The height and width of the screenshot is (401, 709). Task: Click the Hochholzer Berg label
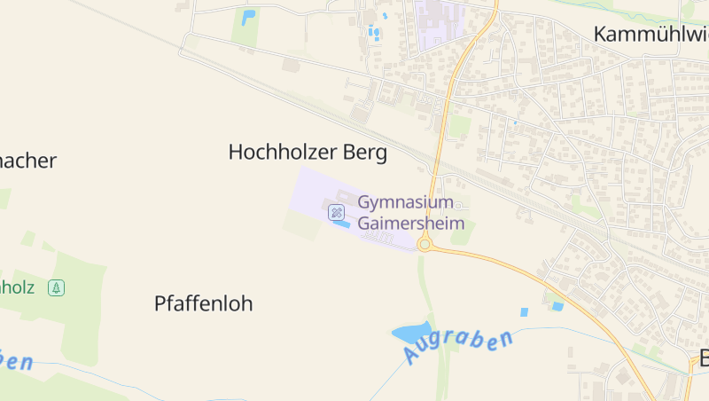click(x=308, y=153)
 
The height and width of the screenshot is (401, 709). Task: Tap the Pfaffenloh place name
click(x=203, y=303)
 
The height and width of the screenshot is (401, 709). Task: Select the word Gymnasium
click(x=406, y=202)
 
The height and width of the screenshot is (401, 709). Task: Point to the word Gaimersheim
click(x=411, y=223)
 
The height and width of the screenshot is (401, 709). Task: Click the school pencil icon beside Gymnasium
click(x=336, y=211)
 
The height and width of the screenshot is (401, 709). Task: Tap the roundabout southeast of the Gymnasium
click(x=425, y=244)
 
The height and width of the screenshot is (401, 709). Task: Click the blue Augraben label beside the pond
click(x=458, y=346)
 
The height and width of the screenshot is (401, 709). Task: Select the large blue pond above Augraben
click(x=412, y=334)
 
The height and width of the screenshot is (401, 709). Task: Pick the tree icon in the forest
click(x=56, y=287)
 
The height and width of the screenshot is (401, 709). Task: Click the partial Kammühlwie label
click(x=650, y=35)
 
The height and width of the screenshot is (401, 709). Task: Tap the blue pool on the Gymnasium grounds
click(x=340, y=224)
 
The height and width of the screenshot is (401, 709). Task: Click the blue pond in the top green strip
click(x=247, y=17)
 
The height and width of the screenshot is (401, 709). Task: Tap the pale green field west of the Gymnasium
click(x=301, y=224)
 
